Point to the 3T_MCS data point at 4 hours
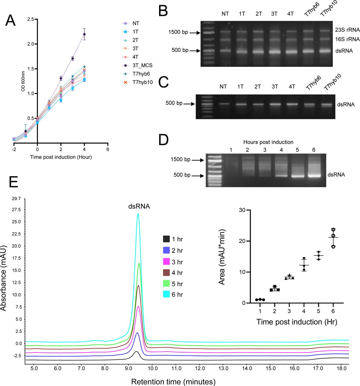(x=84, y=34)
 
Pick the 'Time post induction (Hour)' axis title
(x=61, y=157)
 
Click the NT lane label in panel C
(x=223, y=87)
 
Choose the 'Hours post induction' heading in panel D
(x=268, y=142)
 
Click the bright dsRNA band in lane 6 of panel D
(x=314, y=176)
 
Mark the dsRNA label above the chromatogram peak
(x=139, y=207)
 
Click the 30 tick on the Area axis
(x=242, y=210)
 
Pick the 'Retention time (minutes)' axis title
(x=173, y=382)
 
